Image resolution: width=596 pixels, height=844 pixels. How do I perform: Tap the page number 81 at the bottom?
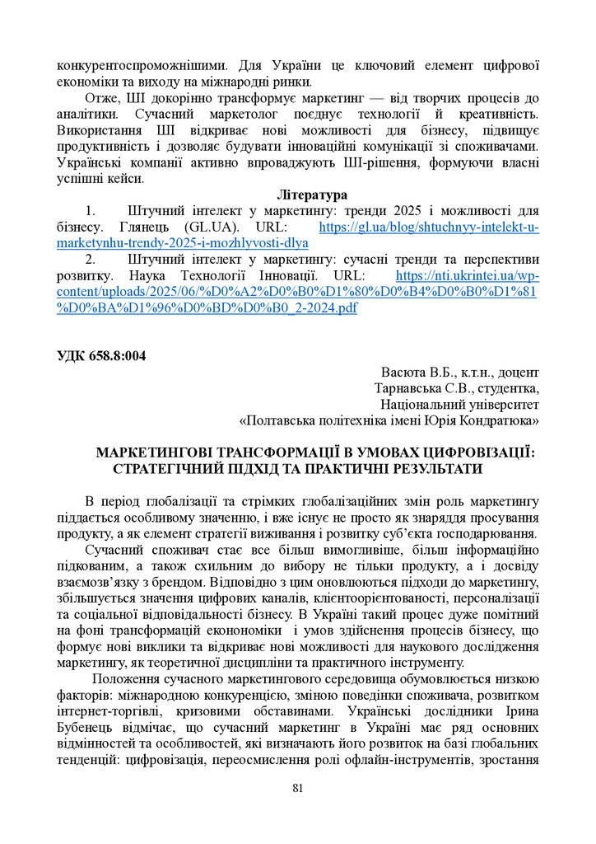298,788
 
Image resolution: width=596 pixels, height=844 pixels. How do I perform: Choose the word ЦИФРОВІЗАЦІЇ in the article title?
466,452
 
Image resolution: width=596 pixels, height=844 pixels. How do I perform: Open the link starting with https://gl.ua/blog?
428,227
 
